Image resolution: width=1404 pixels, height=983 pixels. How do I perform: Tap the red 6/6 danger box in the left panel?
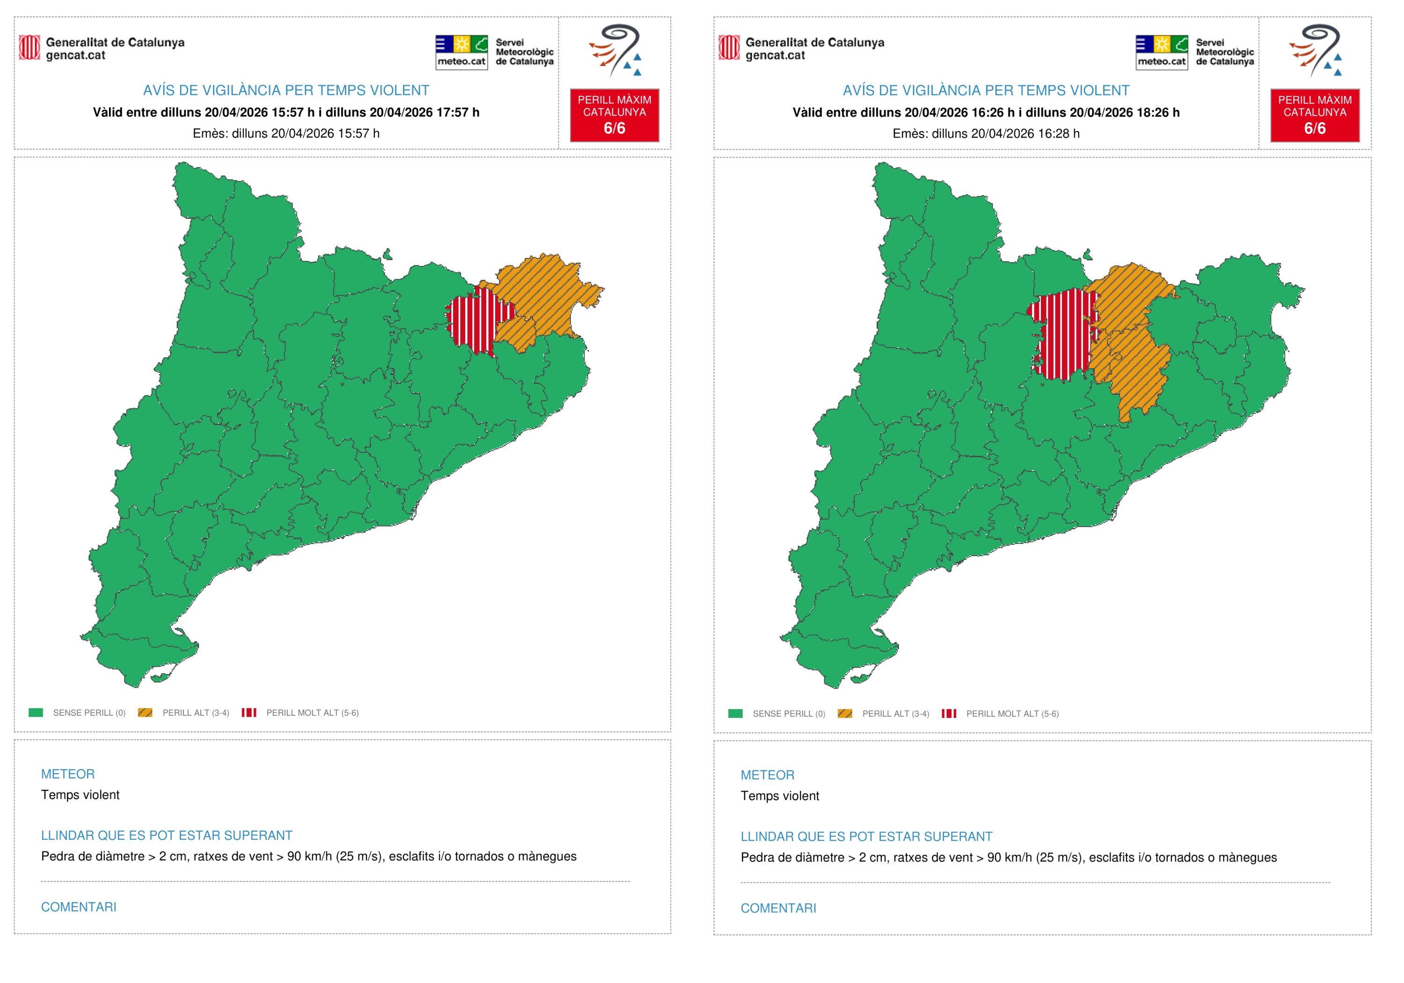point(614,115)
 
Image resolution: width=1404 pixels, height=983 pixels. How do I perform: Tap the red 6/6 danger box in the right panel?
point(1314,115)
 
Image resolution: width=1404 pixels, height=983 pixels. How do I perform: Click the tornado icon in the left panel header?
point(615,50)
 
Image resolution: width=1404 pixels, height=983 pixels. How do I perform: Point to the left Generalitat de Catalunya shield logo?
point(29,48)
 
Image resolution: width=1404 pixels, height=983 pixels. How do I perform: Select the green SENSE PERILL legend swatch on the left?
point(36,712)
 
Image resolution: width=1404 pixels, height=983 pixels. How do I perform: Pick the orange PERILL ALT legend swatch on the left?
point(145,712)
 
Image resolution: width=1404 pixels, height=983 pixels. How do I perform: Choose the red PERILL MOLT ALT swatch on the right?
point(949,713)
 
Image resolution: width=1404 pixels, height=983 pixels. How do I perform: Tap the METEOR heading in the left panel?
point(68,774)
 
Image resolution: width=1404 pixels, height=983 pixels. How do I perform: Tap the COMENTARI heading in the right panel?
point(778,908)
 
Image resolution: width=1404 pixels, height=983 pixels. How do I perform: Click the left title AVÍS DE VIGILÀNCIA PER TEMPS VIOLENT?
point(285,90)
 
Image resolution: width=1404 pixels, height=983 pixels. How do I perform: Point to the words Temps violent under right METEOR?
point(780,796)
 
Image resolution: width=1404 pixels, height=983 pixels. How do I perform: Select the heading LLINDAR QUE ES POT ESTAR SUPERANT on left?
point(166,835)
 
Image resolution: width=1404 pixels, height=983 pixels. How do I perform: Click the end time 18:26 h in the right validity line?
point(1157,112)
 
